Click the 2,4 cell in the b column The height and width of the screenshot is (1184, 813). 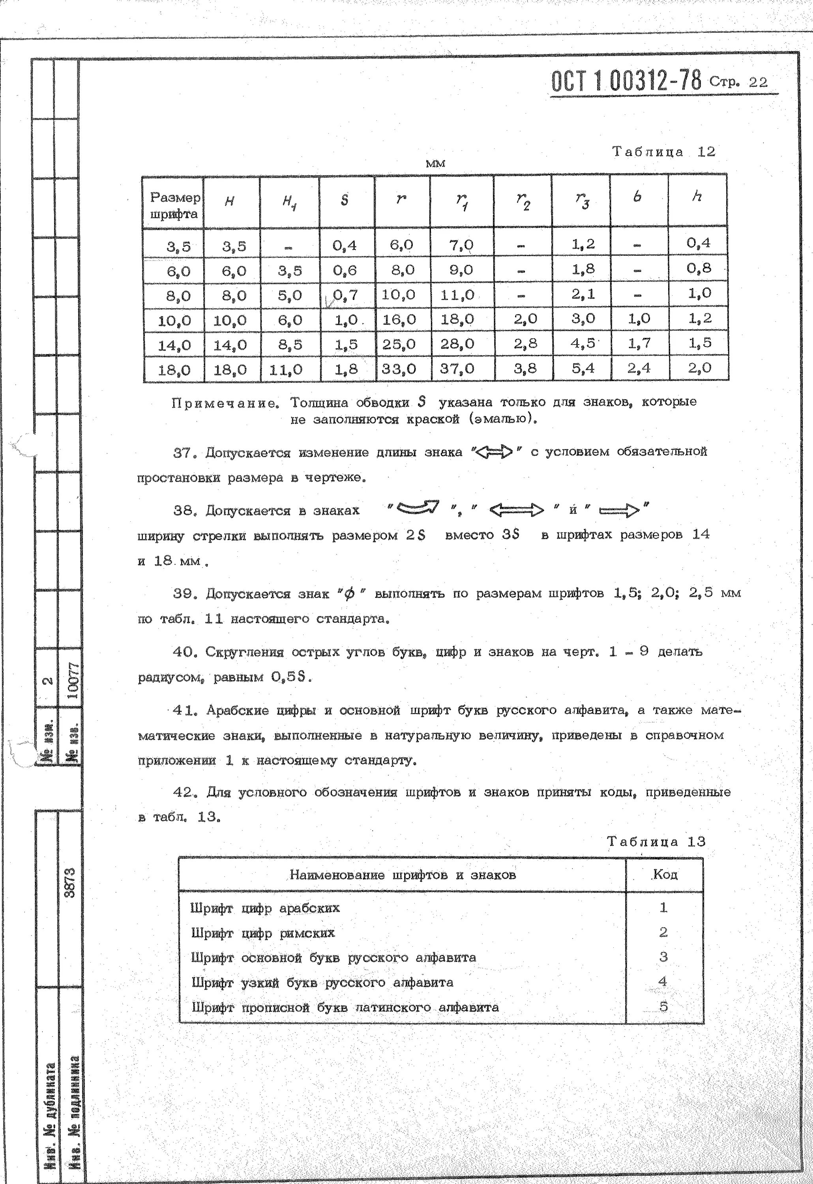click(x=639, y=368)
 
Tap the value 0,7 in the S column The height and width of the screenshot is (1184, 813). click(x=345, y=294)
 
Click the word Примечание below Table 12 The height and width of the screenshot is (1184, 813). click(x=225, y=403)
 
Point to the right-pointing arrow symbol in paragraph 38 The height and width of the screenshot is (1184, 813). click(x=618, y=510)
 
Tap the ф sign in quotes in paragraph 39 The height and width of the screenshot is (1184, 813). click(x=349, y=594)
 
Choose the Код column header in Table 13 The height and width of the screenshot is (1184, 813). click(x=665, y=874)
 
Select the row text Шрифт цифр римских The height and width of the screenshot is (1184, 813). click(x=263, y=933)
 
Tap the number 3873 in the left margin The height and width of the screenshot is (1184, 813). click(x=70, y=883)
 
